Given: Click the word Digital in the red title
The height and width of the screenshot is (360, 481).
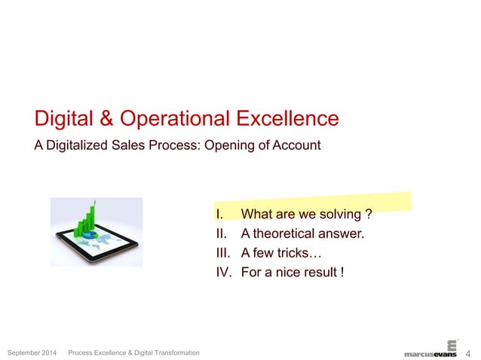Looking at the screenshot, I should pyautogui.click(x=63, y=118).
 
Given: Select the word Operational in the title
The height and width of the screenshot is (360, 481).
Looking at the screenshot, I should pyautogui.click(x=174, y=119).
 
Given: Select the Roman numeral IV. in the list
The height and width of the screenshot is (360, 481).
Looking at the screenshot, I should pyautogui.click(x=224, y=271).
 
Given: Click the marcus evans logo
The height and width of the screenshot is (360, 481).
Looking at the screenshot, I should pyautogui.click(x=430, y=351).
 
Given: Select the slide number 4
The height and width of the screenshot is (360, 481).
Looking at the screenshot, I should pyautogui.click(x=468, y=352).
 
